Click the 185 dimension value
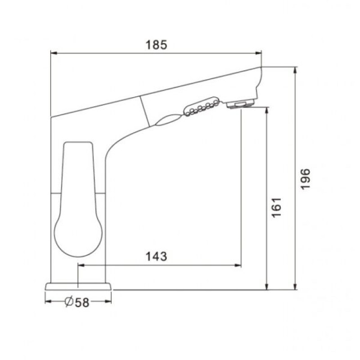pos(156,45)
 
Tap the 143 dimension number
pos(156,256)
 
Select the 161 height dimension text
pos(276,207)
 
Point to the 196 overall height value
pos(306,179)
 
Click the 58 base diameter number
pos(82,302)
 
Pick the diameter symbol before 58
pos(69,301)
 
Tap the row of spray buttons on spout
pos(202,106)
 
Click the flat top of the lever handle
pos(78,142)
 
